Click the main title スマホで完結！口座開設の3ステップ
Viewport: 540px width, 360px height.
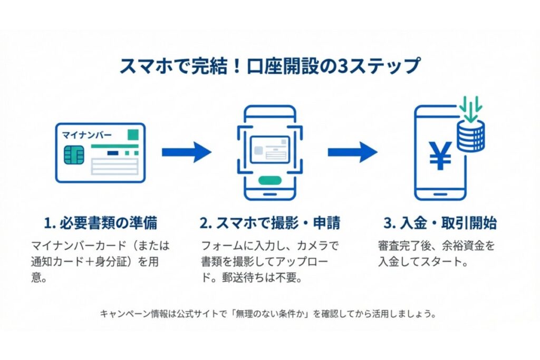[x=269, y=67]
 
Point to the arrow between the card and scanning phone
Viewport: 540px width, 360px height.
[x=186, y=152]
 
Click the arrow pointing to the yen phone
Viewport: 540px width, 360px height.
[x=352, y=152]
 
